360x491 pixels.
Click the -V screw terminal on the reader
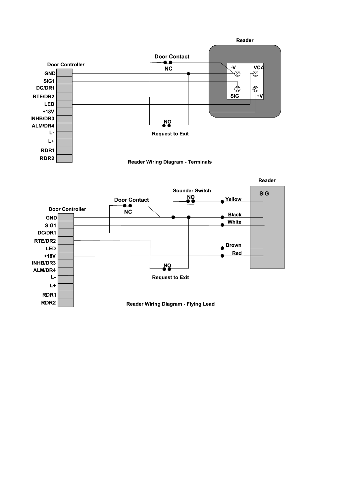click(x=237, y=74)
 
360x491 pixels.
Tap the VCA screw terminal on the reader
click(x=255, y=74)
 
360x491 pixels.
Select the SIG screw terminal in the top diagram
click(x=237, y=89)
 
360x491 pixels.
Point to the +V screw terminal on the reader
click(x=255, y=89)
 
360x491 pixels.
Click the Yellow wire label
click(x=233, y=199)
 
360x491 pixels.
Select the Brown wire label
click(x=233, y=245)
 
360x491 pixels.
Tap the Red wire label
click(x=237, y=253)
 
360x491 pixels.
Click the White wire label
click(x=234, y=222)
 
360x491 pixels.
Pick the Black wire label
click(x=234, y=215)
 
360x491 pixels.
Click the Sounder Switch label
click(x=192, y=191)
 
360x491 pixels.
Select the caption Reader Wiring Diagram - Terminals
click(x=170, y=162)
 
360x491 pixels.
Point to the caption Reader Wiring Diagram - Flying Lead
click(x=171, y=304)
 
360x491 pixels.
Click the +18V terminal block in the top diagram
click(x=64, y=112)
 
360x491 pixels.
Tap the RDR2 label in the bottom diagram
click(x=48, y=303)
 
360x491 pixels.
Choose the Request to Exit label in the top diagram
click(x=170, y=134)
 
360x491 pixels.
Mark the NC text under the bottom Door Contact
click(x=128, y=212)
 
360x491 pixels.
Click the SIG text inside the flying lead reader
click(x=264, y=194)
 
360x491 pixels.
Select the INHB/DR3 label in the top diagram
click(x=42, y=119)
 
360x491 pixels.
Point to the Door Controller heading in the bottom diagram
click(x=67, y=209)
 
